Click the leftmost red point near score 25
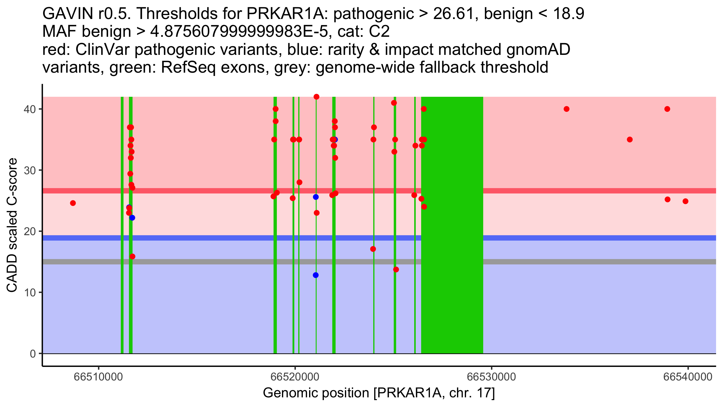click(73, 203)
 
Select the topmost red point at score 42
click(316, 97)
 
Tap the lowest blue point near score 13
click(316, 275)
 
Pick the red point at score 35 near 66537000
click(630, 140)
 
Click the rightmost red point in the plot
click(685, 201)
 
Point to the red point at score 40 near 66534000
click(566, 109)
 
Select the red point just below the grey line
click(396, 270)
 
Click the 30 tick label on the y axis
click(30, 170)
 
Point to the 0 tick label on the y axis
click(33, 354)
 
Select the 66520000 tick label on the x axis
click(295, 377)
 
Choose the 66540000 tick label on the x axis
click(688, 377)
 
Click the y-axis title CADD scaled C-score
click(12, 225)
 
